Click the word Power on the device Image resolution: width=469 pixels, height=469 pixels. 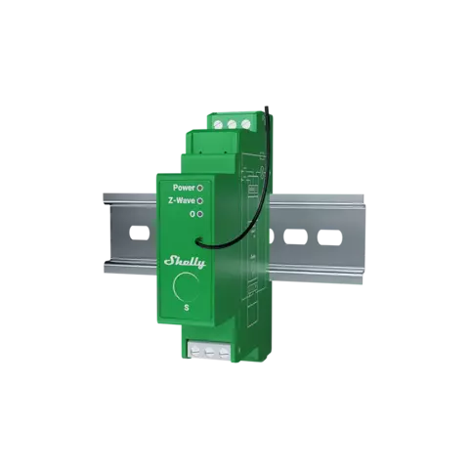[184, 188]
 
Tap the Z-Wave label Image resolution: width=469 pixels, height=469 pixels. [182, 200]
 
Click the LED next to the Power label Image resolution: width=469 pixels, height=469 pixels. [200, 188]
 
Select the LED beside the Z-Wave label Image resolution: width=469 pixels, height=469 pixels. [200, 201]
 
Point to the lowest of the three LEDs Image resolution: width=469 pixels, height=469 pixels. [200, 214]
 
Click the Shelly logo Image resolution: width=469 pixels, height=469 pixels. [185, 262]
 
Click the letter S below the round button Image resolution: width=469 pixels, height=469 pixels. [187, 308]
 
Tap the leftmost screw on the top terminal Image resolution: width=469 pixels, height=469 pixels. [218, 124]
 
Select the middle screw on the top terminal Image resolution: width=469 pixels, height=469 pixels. [232, 124]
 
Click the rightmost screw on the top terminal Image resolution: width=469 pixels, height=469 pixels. [246, 124]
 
